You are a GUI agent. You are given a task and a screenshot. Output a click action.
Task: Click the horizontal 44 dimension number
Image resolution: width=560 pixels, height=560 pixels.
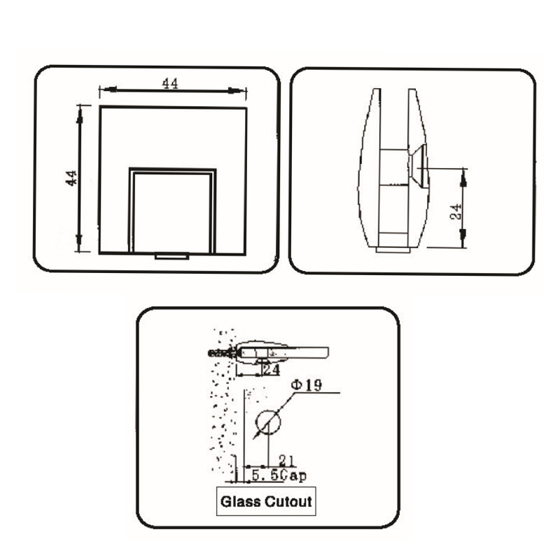coord(170,83)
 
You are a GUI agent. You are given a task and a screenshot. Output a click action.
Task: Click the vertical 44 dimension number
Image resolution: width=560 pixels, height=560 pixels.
coord(70,178)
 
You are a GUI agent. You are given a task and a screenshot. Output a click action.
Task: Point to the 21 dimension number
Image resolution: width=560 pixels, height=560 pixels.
coord(286,460)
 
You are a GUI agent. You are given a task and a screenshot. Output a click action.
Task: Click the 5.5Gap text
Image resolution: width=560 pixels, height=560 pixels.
coord(279,476)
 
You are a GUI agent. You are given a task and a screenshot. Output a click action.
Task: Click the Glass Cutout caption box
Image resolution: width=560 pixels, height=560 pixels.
coord(266,502)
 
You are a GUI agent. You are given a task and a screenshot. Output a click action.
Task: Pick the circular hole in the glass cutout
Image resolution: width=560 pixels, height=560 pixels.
coord(267,422)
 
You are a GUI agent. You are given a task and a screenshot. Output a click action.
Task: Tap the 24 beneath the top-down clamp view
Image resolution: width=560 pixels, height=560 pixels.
coord(271,368)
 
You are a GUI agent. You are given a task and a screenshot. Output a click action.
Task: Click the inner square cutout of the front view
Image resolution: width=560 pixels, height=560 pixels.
coord(172,211)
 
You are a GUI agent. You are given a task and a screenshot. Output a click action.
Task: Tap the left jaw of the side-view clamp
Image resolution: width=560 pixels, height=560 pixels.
coord(369,168)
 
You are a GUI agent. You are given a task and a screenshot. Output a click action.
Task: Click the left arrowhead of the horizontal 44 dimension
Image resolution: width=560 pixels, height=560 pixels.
coord(104,90)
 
